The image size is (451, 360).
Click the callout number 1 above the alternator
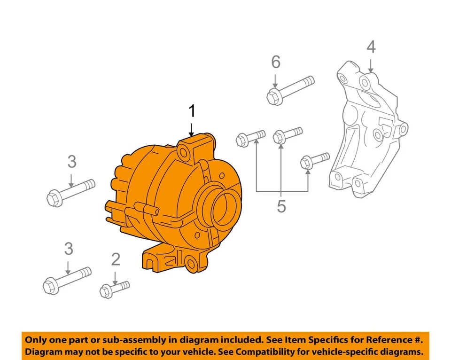[x=191, y=111]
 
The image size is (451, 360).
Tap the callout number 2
[x=116, y=258]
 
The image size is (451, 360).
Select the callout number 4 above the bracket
[x=371, y=47]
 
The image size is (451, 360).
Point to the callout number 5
[x=281, y=206]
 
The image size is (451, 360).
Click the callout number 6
[x=275, y=62]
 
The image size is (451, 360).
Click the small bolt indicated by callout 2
[x=114, y=288]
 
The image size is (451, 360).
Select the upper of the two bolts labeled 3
[x=71, y=191]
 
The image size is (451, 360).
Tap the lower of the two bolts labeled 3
[x=67, y=279]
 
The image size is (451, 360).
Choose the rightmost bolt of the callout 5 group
[x=314, y=160]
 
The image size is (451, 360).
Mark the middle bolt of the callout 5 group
[x=287, y=134]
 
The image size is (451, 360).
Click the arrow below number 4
[x=371, y=64]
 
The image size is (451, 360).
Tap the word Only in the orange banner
[x=36, y=340]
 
